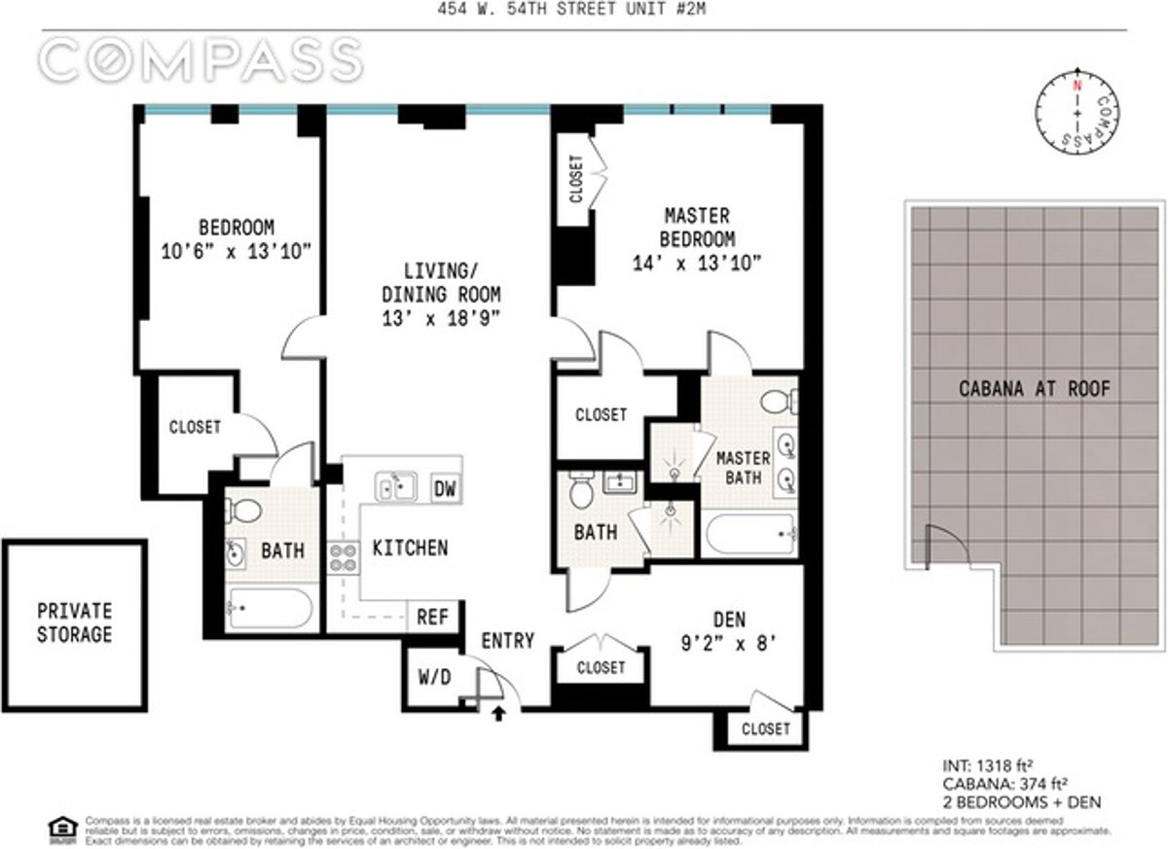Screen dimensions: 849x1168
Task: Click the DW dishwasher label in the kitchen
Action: click(x=444, y=488)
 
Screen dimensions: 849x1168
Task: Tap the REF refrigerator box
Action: click(x=432, y=616)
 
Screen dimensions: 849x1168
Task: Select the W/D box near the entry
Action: click(x=434, y=677)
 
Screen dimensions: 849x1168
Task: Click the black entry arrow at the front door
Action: click(x=500, y=715)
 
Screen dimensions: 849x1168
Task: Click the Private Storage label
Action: click(x=74, y=623)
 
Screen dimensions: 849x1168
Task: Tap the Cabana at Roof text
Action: click(x=1034, y=390)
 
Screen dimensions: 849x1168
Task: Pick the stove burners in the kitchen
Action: click(x=343, y=557)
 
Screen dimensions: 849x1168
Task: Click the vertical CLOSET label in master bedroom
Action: click(x=576, y=179)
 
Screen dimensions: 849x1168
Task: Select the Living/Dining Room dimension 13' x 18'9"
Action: click(x=441, y=317)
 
